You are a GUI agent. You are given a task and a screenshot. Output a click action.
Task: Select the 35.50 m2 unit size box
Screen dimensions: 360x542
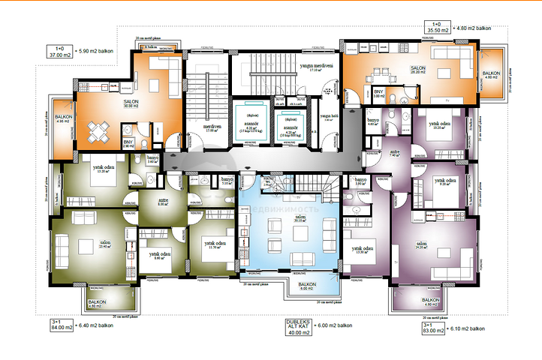(x=438, y=31)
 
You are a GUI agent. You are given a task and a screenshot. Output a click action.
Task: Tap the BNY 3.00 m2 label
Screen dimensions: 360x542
(x=379, y=94)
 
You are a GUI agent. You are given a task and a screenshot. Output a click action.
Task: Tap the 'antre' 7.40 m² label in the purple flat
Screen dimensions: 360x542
(x=395, y=154)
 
